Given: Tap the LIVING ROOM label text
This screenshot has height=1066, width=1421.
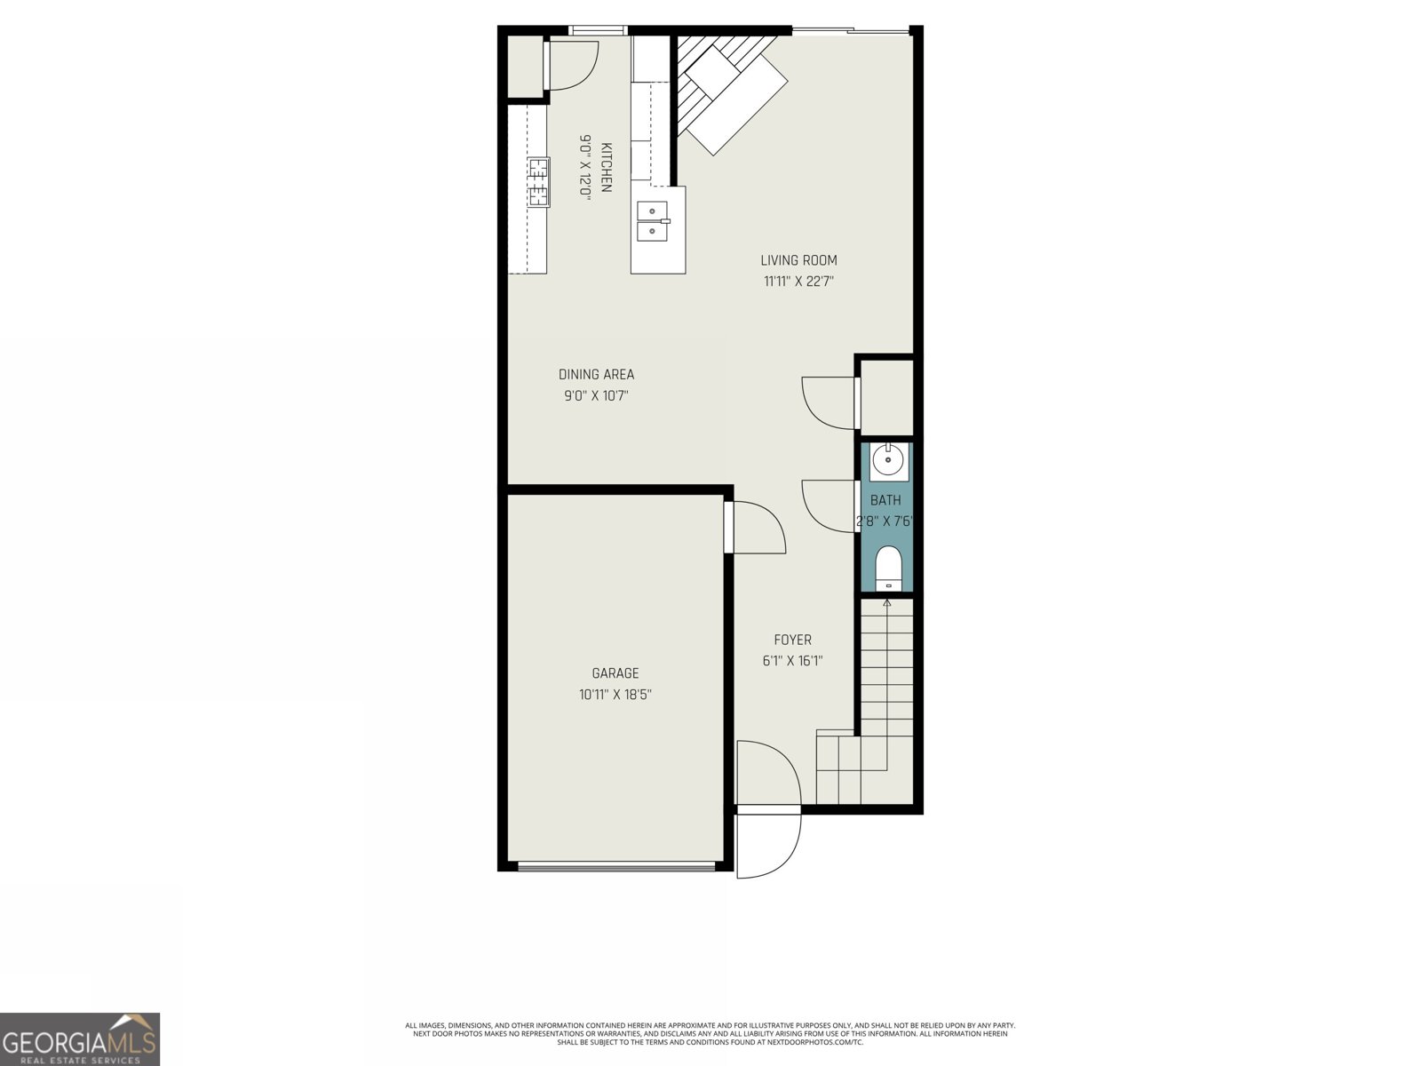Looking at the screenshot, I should pos(798,260).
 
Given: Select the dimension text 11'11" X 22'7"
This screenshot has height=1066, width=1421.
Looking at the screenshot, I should pos(798,282).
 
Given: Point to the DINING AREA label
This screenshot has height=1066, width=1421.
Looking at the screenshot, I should pos(596,375).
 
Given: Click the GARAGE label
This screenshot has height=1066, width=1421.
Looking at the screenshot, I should pos(615,673).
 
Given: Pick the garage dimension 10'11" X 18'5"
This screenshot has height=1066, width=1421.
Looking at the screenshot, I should pos(615,695).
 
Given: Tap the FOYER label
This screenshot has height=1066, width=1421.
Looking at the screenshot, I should pos(792,640).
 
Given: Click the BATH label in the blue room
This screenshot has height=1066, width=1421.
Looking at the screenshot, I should pos(885,500).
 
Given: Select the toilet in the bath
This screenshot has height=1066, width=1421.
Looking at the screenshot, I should pos(888,569).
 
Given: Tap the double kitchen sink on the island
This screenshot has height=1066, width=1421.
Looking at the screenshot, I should pos(653,222).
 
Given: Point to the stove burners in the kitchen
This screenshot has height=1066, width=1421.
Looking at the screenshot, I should pos(538,181).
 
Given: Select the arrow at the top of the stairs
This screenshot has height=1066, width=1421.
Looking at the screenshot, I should pos(887,603).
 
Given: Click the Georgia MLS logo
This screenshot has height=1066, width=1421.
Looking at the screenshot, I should pos(80,1039).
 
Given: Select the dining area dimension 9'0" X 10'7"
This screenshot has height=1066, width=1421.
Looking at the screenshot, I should pos(596,396).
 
